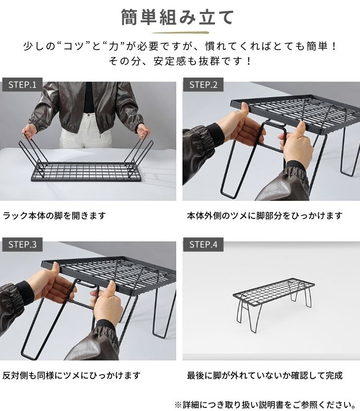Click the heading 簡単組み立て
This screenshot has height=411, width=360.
[177, 17]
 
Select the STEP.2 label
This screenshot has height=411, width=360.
[204, 85]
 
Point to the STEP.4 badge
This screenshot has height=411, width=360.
[204, 245]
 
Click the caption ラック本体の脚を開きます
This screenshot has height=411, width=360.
[54, 216]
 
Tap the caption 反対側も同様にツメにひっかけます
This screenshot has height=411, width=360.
[71, 376]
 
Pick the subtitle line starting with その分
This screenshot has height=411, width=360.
[180, 61]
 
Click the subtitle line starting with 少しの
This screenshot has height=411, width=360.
[180, 46]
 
